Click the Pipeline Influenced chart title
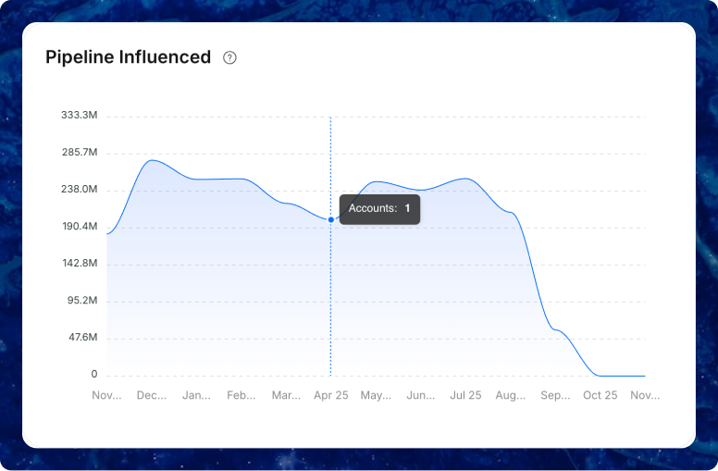pos(128,57)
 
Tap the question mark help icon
pos(230,57)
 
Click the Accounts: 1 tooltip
pos(379,209)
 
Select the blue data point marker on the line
pos(331,219)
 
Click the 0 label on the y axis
pos(93,375)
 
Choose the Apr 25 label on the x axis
pos(331,395)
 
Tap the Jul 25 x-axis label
pos(465,395)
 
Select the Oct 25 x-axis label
pos(600,395)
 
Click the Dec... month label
pos(152,395)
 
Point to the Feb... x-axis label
pos(241,395)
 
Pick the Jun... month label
pos(421,395)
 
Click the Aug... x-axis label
pos(511,395)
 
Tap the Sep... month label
pos(555,395)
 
